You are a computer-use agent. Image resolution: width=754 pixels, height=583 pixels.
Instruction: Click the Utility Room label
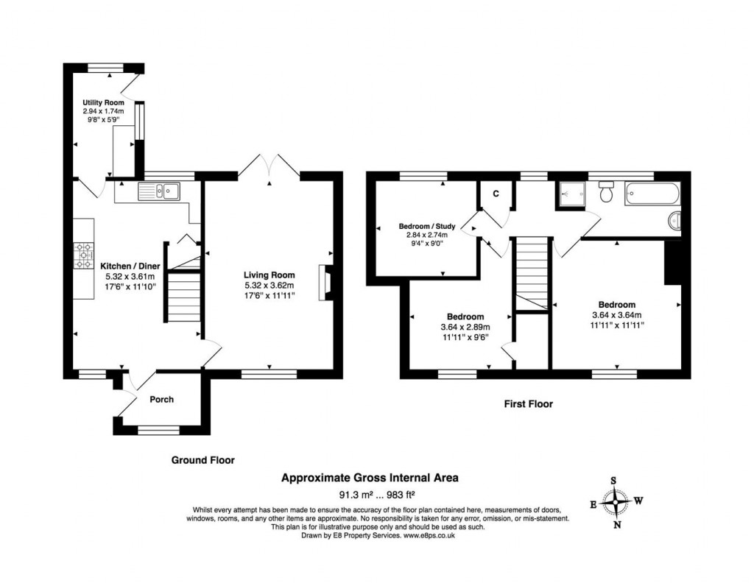coord(103,102)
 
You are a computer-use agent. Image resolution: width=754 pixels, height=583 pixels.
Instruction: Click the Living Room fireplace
coord(324,283)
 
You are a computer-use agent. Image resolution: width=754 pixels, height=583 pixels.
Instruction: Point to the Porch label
coord(161,400)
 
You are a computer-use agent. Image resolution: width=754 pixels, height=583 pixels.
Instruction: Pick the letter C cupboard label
coord(496,194)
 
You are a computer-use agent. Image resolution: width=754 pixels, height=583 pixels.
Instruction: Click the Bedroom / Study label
coord(427,225)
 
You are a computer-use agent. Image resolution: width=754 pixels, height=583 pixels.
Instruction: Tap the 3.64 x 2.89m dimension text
coord(465,328)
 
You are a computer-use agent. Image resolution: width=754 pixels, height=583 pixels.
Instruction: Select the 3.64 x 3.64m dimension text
coord(616,314)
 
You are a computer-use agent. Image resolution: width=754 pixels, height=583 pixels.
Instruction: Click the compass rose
coord(615,504)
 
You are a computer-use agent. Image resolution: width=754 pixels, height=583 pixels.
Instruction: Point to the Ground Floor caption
coord(202,460)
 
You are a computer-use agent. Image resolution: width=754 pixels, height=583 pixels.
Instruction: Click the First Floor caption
coord(528,403)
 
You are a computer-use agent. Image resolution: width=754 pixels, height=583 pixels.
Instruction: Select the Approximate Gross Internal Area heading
coord(370,478)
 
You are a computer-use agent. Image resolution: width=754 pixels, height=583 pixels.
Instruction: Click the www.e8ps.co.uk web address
coord(429,536)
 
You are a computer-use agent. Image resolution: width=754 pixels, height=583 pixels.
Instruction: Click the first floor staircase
coord(532,272)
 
